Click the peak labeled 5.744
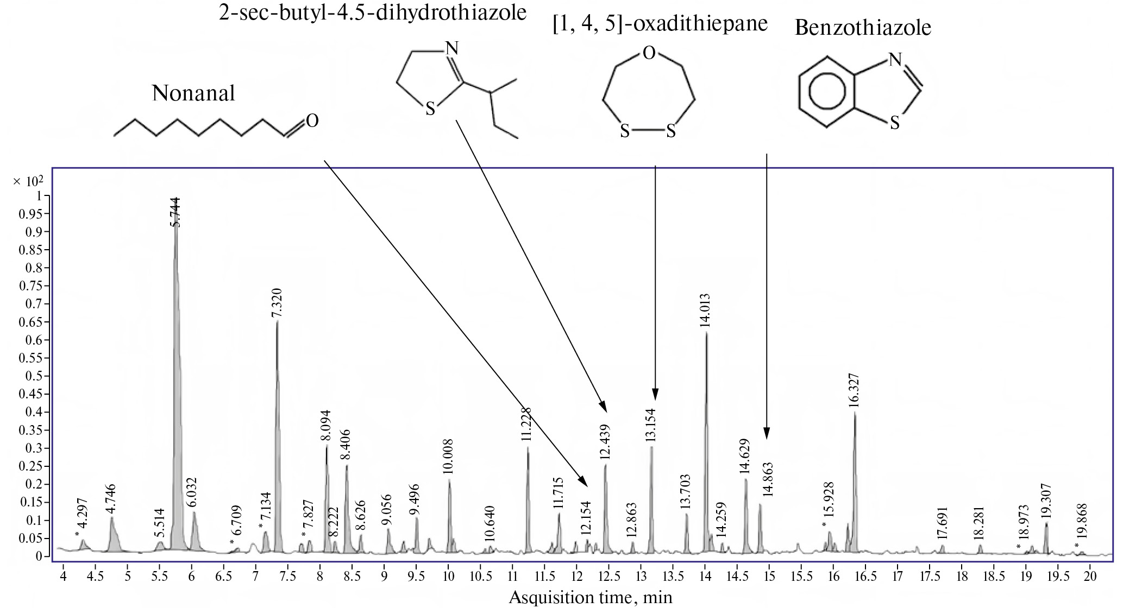tap(175, 239)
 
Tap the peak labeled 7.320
tap(277, 326)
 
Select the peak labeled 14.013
tap(706, 337)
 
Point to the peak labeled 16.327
tap(855, 415)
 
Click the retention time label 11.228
tap(525, 427)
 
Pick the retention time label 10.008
tap(448, 457)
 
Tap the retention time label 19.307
tap(1046, 502)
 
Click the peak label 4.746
tap(111, 498)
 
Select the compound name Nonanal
tap(193, 93)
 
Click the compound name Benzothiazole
tap(863, 27)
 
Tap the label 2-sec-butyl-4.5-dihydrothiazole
tap(373, 12)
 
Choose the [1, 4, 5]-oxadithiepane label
tap(660, 24)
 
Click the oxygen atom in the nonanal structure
tap(312, 121)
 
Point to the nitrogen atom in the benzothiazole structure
tap(895, 59)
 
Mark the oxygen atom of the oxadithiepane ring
tap(648, 53)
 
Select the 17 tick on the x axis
tap(898, 575)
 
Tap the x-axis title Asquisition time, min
tap(591, 598)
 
